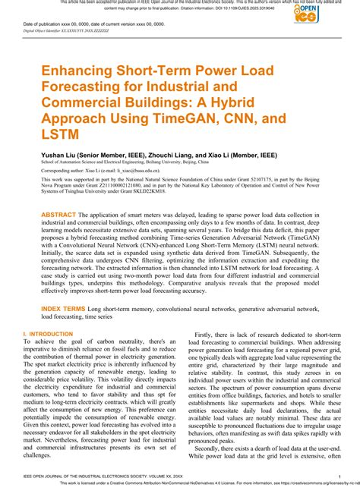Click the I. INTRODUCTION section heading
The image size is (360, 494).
[48, 334]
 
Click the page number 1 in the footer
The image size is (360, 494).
[337, 477]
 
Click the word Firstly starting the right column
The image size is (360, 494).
[206, 335]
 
